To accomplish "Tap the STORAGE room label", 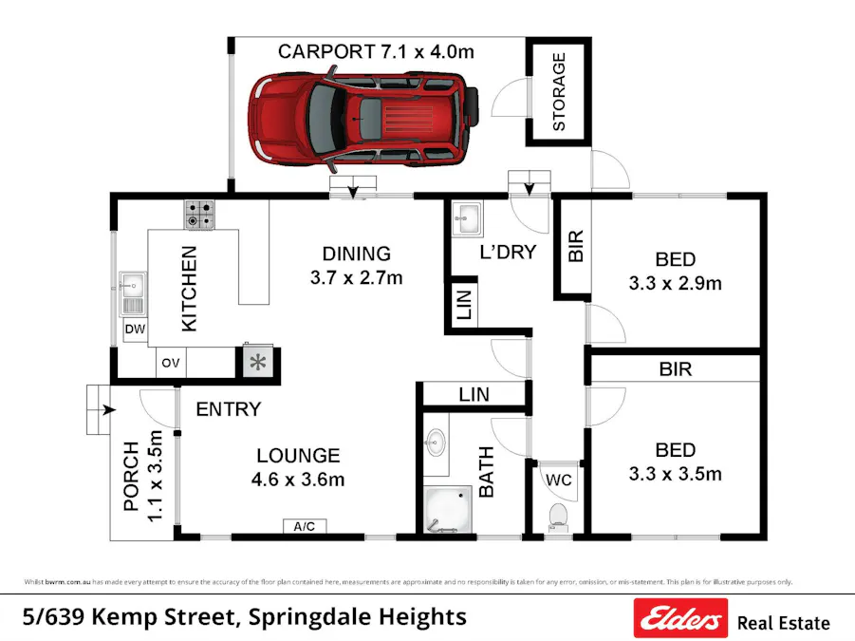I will tap(559, 92).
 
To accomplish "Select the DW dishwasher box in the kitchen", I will tap(134, 330).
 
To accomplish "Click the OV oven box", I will tap(171, 363).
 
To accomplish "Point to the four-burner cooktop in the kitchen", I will tap(200, 214).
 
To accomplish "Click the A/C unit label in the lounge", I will tap(304, 525).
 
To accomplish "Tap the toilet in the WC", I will tap(558, 516).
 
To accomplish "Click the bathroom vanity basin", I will tap(436, 442).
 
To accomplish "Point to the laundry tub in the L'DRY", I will tap(467, 219).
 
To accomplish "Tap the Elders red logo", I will tap(680, 619).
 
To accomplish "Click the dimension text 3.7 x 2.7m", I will tap(356, 277).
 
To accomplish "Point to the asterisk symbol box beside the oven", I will tap(257, 362).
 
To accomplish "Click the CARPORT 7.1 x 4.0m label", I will tap(375, 51).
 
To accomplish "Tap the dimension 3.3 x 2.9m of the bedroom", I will tap(675, 283).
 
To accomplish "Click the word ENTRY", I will tap(228, 409).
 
